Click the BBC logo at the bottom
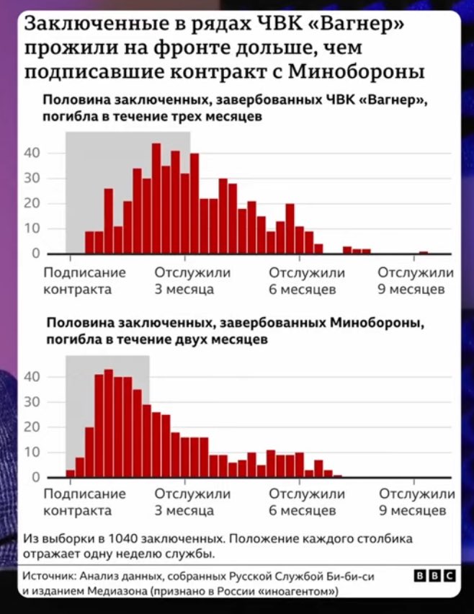pyautogui.click(x=434, y=576)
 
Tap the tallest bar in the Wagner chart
pyautogui.click(x=156, y=198)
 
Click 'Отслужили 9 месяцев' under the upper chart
pyautogui.click(x=416, y=281)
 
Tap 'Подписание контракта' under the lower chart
pyautogui.click(x=84, y=502)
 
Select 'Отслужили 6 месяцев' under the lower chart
pyautogui.click(x=307, y=502)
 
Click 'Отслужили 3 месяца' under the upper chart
pyautogui.click(x=192, y=281)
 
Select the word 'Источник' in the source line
pyautogui.click(x=49, y=577)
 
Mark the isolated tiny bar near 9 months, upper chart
pyautogui.click(x=423, y=252)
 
